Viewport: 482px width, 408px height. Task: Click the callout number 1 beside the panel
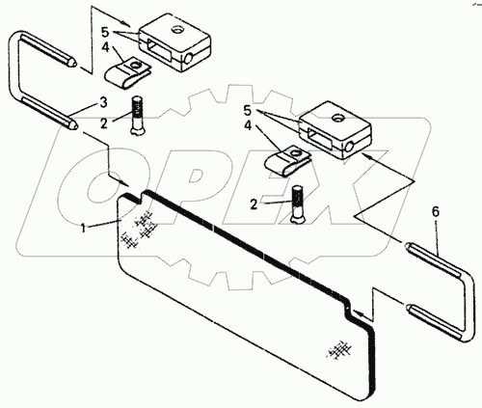[x=83, y=229]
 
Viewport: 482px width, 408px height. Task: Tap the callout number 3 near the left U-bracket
[x=103, y=103]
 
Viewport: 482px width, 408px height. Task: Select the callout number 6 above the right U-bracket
[x=436, y=212]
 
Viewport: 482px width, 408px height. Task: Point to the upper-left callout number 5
[x=106, y=33]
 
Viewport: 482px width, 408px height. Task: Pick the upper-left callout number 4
[x=106, y=48]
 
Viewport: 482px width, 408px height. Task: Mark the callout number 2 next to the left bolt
[x=103, y=123]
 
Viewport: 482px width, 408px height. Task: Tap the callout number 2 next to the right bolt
[x=254, y=204]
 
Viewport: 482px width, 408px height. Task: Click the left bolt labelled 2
[x=137, y=115]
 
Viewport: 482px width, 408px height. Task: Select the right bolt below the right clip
[x=298, y=204]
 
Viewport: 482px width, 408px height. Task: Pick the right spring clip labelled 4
[x=287, y=160]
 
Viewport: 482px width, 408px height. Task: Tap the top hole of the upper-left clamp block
[x=177, y=30]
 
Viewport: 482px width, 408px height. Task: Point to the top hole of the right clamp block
[x=337, y=119]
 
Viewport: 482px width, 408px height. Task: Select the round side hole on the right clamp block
[x=350, y=147]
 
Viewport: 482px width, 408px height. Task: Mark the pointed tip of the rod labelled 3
[x=74, y=125]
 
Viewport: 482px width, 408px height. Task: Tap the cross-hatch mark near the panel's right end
[x=338, y=349]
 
